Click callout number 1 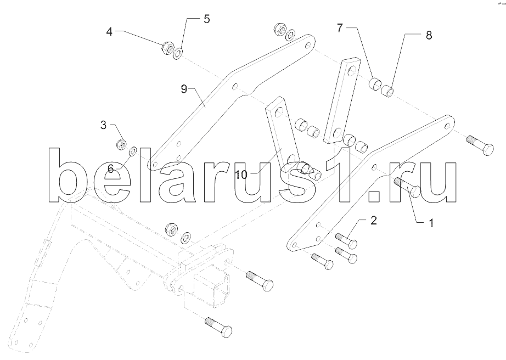431,223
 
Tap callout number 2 373,221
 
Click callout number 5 206,19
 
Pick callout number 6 110,169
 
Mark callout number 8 429,35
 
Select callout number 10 241,175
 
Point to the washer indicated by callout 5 178,53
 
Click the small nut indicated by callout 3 121,144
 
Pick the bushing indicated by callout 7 375,83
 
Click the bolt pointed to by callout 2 345,240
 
